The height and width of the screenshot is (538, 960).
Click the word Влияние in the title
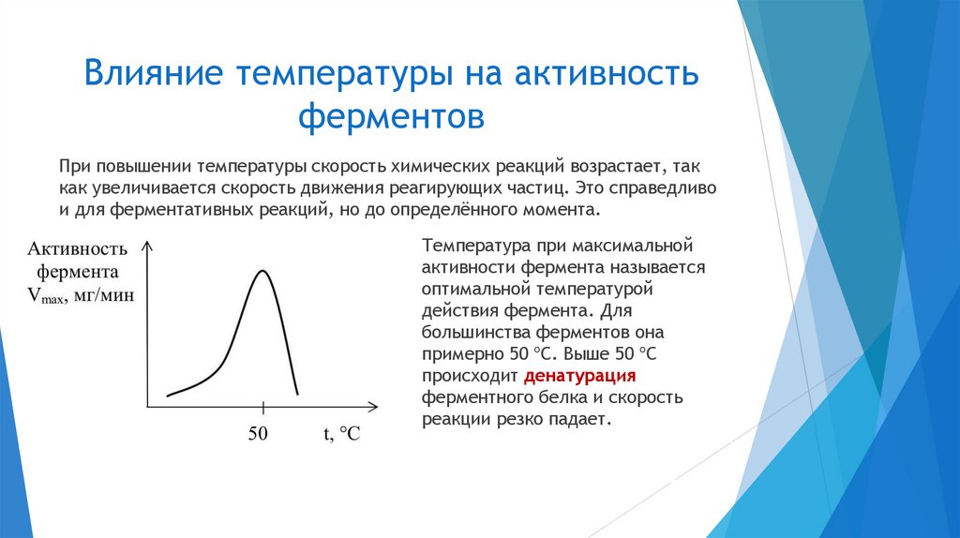152,73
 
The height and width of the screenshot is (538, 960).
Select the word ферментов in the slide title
391,118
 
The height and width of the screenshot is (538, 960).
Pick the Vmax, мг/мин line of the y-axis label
80,296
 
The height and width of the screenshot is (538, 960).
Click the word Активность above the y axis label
77,249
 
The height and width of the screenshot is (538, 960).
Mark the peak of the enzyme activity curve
262,271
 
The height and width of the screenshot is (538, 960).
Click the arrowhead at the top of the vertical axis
146,246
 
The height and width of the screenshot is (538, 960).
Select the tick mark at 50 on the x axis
263,407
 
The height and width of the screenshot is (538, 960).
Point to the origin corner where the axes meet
146,407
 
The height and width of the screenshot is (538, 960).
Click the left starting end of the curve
168,396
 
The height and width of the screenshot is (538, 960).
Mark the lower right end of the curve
298,394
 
